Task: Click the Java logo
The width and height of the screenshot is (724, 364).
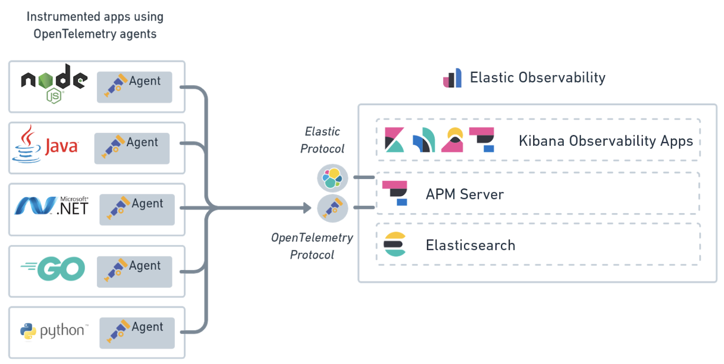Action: point(46,145)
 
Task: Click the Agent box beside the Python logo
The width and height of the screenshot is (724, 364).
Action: point(137,333)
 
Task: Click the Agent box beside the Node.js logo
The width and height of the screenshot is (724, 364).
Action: point(134,87)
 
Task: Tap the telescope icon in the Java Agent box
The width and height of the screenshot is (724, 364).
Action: point(113,146)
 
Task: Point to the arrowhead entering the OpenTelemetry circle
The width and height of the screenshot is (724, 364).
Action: point(307,208)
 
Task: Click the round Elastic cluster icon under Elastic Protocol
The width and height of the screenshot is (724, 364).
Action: point(332,178)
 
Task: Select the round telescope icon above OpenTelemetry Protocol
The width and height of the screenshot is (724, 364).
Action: point(332,208)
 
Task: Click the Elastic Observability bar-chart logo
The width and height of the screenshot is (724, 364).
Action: point(452,78)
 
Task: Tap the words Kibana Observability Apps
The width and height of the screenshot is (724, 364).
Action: point(606,141)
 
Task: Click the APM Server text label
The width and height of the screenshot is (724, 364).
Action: point(465,194)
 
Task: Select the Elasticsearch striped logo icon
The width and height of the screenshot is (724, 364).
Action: point(395,244)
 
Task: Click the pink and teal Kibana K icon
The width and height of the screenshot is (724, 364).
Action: point(394,140)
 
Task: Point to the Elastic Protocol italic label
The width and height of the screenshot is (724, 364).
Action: point(322,140)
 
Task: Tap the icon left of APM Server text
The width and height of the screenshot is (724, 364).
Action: point(395,193)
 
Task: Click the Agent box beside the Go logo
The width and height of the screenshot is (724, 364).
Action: point(134,271)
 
